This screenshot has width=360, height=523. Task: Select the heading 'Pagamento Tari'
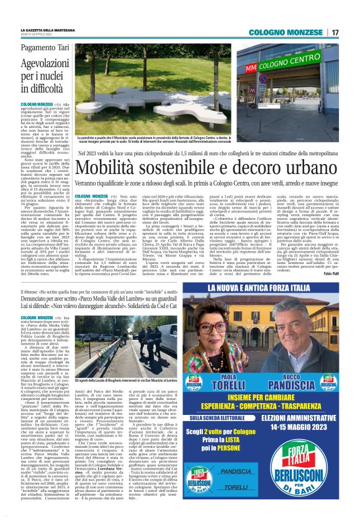pyautogui.click(x=46, y=47)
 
